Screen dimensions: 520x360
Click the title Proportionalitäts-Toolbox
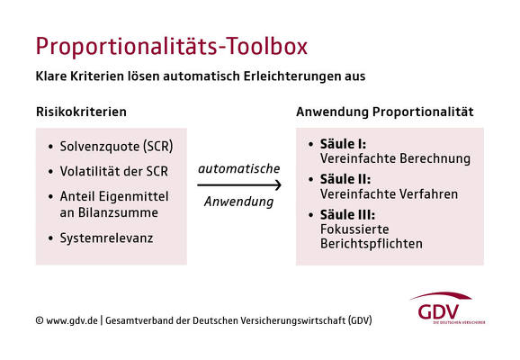[172, 47]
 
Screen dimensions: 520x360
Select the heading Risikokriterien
[81, 112]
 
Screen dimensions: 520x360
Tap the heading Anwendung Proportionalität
[385, 112]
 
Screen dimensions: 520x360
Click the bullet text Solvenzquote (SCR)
[116, 147]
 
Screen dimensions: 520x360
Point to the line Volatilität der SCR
[113, 171]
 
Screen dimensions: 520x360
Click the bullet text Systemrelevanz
[106, 238]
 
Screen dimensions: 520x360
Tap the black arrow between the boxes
[239, 185]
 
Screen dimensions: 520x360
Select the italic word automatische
[238, 169]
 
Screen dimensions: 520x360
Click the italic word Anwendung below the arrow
[238, 202]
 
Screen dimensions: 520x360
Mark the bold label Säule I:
[343, 144]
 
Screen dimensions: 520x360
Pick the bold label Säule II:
[345, 179]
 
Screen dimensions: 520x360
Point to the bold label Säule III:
[347, 215]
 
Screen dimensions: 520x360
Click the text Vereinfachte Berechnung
[395, 158]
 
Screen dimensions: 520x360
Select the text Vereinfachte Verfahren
[389, 194]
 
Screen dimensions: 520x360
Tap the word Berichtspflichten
[372, 244]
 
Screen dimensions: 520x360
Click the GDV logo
[447, 309]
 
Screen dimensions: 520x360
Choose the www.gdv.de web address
[72, 320]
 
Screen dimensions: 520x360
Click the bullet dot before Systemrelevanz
[50, 238]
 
